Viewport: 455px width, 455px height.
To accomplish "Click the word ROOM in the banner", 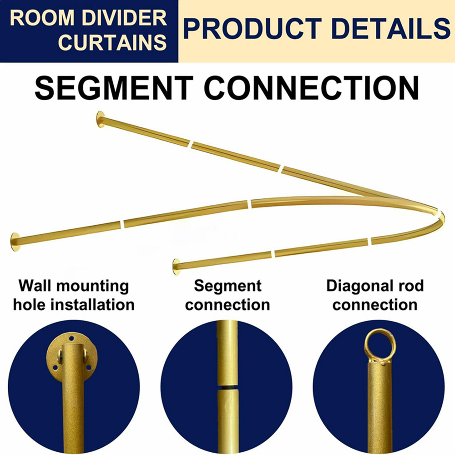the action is point(42,18).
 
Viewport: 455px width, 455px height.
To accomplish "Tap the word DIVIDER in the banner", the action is point(124,18).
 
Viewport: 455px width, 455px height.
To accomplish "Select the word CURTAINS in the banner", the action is point(112,42).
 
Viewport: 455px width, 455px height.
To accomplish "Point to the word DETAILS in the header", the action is point(391,28).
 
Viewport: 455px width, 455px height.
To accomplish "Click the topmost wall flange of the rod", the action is point(101,119).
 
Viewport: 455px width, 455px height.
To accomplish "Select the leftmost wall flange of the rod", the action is point(15,242).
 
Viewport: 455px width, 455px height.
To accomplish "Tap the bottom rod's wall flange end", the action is point(176,267).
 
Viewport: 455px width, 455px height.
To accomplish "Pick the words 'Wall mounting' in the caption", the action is point(74,286).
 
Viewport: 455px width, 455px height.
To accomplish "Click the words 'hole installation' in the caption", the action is point(74,305).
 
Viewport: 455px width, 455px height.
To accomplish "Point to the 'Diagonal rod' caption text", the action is point(375,286).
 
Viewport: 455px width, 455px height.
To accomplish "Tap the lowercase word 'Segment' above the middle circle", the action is point(227,286).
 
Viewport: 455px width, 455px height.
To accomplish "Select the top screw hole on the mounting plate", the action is point(71,339).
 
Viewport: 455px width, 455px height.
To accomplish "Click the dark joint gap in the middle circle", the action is point(227,387).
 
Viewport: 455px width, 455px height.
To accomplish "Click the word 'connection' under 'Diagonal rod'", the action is point(375,305).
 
